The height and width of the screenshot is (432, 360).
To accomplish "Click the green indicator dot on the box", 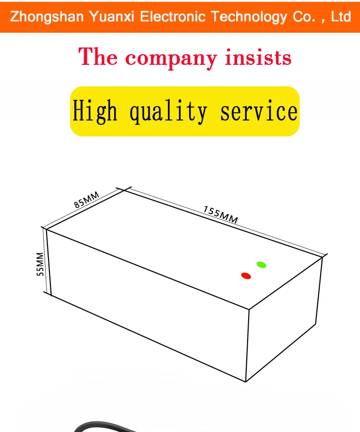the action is point(261,264).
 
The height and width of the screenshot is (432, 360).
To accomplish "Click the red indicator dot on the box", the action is point(246,276).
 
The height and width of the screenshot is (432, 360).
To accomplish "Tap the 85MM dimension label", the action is point(86,200).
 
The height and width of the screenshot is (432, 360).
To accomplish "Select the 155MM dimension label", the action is point(221,214).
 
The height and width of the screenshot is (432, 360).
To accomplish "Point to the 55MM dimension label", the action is point(40,264).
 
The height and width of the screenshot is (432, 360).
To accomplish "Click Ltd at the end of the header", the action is point(341,17).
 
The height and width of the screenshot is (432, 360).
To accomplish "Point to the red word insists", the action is point(258,58).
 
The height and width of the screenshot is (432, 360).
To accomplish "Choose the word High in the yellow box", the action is point(95,112).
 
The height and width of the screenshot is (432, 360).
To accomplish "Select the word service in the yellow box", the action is point(259,112).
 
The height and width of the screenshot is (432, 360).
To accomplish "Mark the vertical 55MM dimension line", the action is point(47,262).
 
